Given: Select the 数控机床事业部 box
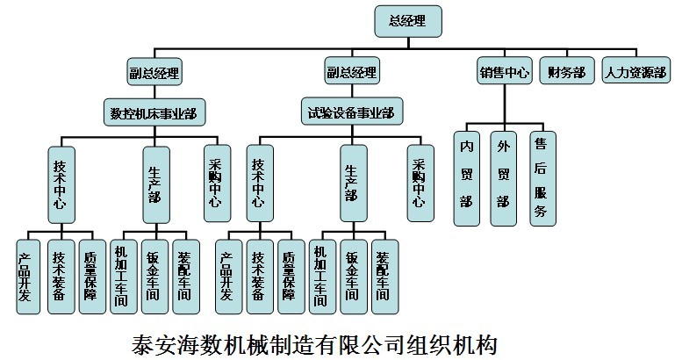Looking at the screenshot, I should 154,112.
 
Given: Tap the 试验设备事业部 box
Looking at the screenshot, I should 351,112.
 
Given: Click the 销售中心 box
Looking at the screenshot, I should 505,72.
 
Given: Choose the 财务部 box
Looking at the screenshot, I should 567,72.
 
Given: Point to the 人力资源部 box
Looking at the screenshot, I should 635,72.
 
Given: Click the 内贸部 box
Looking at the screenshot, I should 468,179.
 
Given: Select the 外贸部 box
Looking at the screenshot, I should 504,179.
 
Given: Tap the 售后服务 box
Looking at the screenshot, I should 542,179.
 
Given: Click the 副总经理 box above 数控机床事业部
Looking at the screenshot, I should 154,72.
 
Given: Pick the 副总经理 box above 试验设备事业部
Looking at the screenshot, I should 351,72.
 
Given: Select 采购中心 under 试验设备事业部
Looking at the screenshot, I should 419,182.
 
